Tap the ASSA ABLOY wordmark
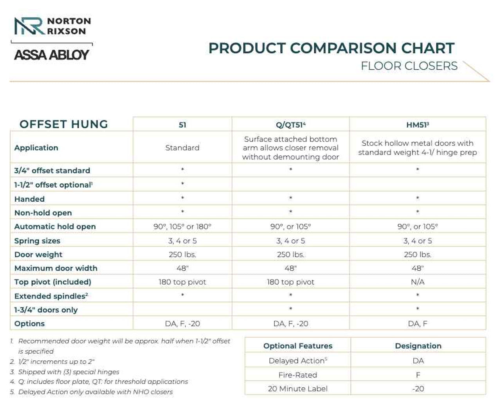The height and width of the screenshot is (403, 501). point(52,55)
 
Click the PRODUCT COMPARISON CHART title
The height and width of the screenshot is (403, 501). point(331,48)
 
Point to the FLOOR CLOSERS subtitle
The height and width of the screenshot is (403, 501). point(409,66)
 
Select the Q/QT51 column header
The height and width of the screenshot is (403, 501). point(290,125)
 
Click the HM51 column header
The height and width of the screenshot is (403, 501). point(418,125)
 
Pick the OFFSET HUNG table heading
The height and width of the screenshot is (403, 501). point(64,124)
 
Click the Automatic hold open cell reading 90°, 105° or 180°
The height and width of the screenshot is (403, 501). point(182,226)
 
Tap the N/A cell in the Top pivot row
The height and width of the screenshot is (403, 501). point(418,282)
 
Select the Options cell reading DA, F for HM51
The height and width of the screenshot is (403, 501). point(418,323)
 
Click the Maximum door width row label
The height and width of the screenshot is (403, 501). point(56,268)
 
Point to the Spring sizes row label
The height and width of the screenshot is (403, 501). point(37,241)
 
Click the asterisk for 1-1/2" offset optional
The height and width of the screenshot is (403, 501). point(182,184)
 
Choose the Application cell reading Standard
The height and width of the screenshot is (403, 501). point(182,148)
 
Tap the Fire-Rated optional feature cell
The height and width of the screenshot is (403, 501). point(297,375)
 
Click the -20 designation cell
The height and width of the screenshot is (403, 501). point(418,389)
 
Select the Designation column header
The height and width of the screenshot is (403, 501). point(418,346)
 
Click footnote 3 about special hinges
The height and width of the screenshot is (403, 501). point(68,372)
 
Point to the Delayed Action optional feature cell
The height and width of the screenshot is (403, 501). point(297,361)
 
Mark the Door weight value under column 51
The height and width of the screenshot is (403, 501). point(182,255)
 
